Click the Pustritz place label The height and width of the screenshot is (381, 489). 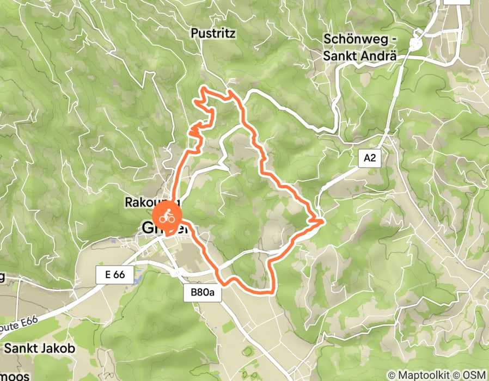[213, 34]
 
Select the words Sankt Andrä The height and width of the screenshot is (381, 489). [358, 56]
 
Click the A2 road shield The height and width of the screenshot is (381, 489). [369, 159]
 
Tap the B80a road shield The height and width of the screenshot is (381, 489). [206, 293]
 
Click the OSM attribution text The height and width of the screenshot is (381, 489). [474, 374]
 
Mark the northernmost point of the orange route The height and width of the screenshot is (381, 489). [204, 87]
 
